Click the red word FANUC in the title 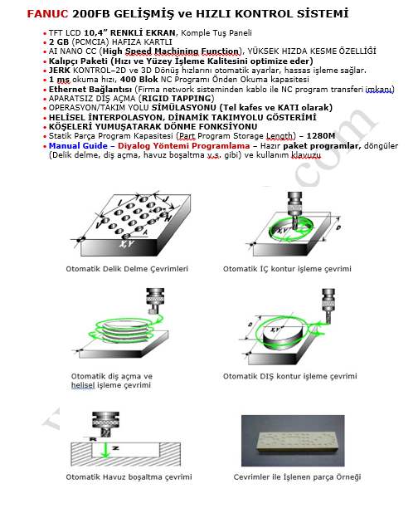pos(47,14)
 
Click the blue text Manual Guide pos(78,145)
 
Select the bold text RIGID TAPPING pos(176,99)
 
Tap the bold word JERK pos(60,71)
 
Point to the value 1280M pos(321,136)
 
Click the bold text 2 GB pos(59,42)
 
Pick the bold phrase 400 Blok pos(139,80)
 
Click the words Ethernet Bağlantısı pos(90,90)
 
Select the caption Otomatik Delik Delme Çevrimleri pos(127,269)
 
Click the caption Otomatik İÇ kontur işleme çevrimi pos(287,269)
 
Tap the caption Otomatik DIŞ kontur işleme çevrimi pos(290,376)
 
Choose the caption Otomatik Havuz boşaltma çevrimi pos(129,477)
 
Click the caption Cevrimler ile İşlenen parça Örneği pos(297,477)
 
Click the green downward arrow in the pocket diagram pos(104,450)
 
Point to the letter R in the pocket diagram pos(93,439)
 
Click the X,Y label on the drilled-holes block pos(126,244)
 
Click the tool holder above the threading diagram pos(155,299)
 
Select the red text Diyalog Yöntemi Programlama pos(183,145)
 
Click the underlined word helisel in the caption pos(83,385)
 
